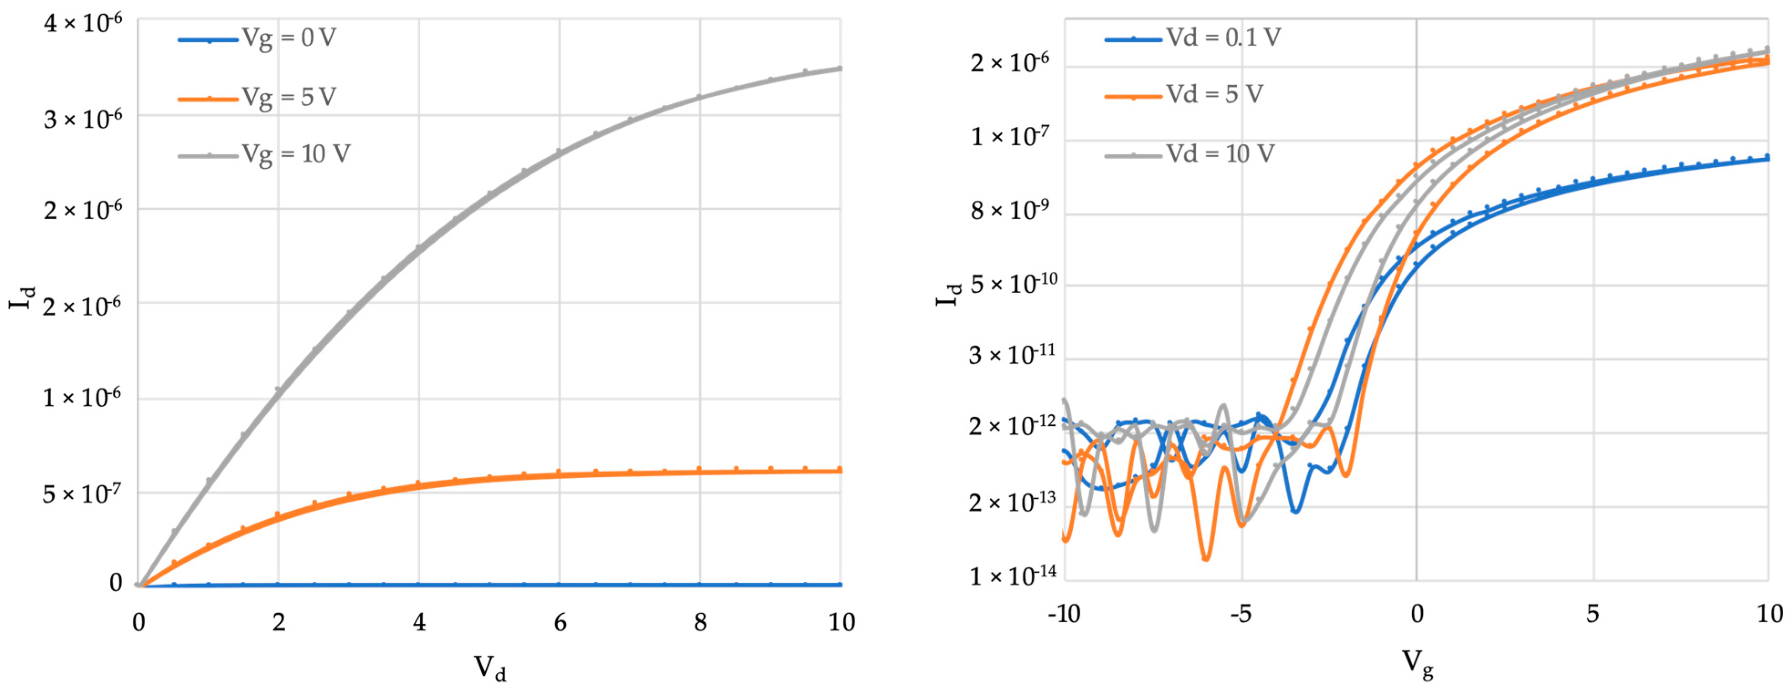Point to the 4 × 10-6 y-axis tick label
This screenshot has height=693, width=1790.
tap(82, 22)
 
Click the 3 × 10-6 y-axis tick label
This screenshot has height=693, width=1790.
tap(82, 118)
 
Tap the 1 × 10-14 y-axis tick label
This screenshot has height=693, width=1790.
tap(1013, 575)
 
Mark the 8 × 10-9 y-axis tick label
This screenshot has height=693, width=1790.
tap(1010, 209)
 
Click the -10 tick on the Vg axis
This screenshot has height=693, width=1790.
tap(1064, 614)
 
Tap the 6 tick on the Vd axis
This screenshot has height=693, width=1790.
tap(560, 622)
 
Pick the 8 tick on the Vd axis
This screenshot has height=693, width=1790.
tap(700, 622)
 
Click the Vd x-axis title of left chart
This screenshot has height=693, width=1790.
tap(490, 668)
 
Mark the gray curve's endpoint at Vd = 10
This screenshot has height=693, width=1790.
tap(841, 68)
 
